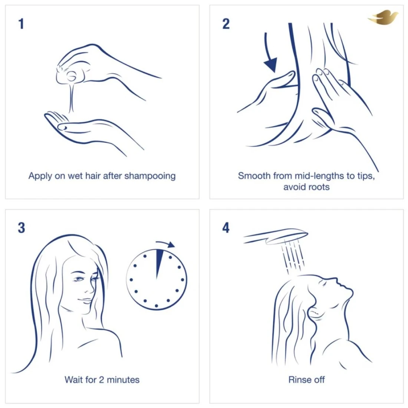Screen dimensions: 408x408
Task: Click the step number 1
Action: point(22,24)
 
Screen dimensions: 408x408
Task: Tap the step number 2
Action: point(226,24)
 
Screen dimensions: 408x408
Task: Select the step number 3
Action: point(22,228)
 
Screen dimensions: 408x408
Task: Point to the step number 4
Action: point(226,228)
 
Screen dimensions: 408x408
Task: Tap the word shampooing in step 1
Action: point(150,176)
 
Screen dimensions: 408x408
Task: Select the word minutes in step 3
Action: point(123,380)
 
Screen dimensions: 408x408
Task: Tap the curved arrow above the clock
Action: point(165,244)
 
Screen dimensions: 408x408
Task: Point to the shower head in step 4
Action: point(276,236)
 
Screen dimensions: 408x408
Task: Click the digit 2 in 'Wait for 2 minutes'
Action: point(102,380)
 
